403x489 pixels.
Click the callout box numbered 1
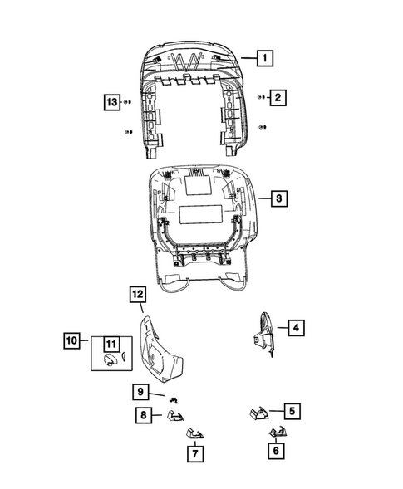click(264, 59)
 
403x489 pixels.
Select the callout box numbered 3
click(279, 198)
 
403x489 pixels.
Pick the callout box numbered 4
click(294, 329)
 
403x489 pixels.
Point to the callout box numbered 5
click(292, 410)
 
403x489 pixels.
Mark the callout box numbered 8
click(143, 414)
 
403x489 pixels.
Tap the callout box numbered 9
click(141, 391)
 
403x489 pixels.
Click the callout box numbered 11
click(110, 343)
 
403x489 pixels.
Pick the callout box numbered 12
click(138, 294)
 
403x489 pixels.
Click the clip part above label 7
click(195, 433)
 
